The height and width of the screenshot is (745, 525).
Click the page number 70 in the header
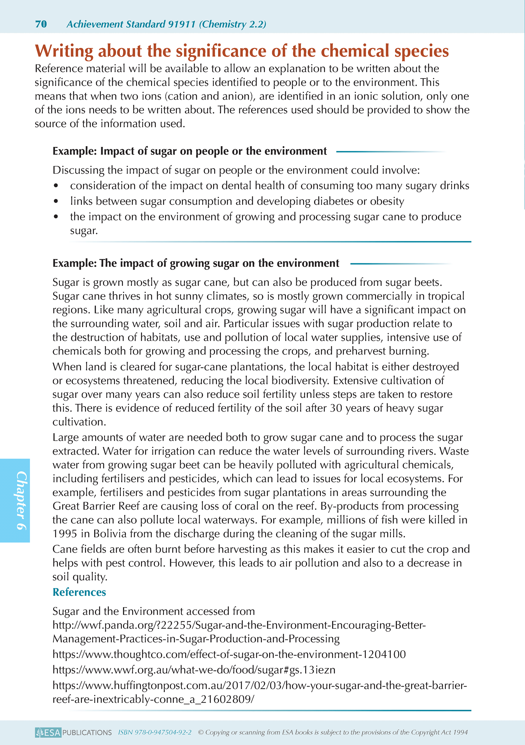[x=41, y=24]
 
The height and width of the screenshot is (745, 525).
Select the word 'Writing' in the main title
[x=64, y=51]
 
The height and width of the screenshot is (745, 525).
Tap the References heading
[x=79, y=592]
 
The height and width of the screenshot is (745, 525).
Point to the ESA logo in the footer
[x=48, y=732]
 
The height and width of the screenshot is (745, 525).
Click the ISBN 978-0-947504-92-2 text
[x=155, y=732]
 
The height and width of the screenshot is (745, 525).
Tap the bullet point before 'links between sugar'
[x=56, y=201]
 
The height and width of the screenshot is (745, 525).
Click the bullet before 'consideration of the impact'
[x=56, y=186]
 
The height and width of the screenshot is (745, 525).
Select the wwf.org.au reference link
[x=194, y=670]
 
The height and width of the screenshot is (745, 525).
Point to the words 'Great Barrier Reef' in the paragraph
[x=96, y=506]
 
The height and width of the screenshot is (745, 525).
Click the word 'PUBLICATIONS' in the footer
[x=87, y=732]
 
